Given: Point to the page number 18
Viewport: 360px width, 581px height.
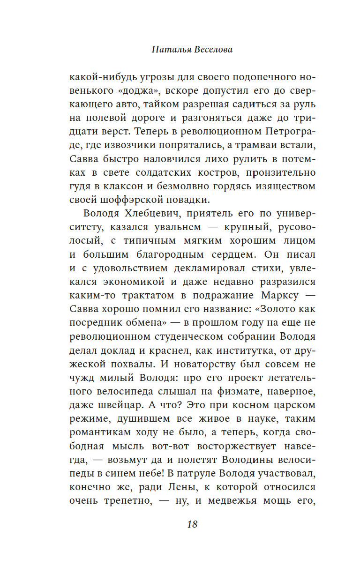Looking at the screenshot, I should pyautogui.click(x=192, y=524).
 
